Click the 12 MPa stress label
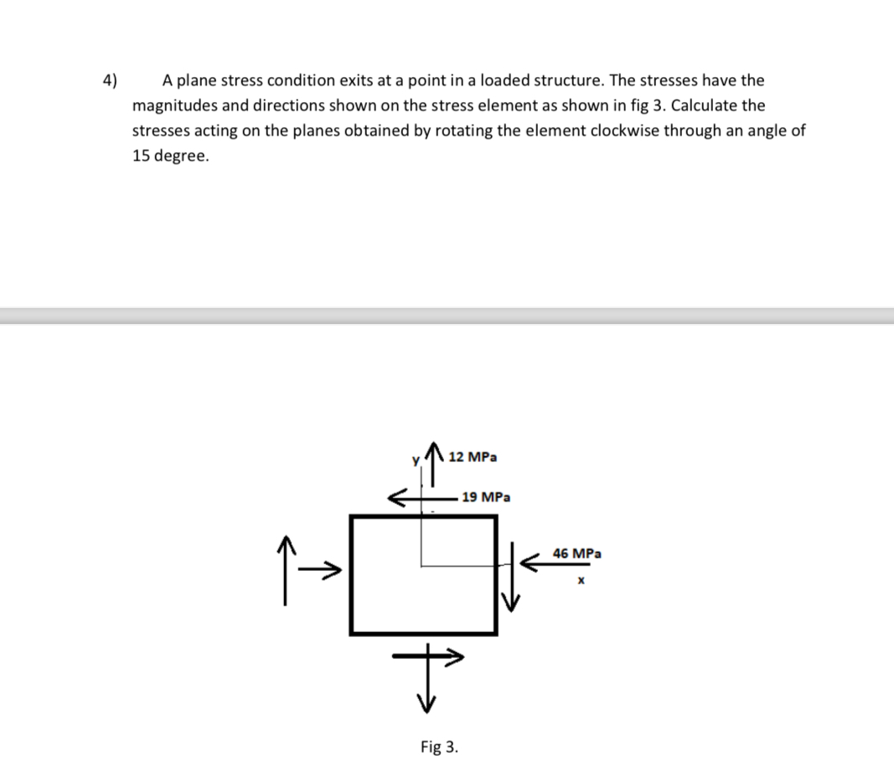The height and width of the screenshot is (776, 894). tap(473, 457)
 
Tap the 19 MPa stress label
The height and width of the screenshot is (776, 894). tap(486, 496)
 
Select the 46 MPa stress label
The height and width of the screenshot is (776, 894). tap(577, 553)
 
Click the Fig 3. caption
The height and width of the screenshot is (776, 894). tap(439, 746)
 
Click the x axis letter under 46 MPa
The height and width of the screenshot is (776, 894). tap(579, 578)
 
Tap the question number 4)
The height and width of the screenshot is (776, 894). tap(111, 80)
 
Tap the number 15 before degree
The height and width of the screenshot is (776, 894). tap(142, 157)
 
